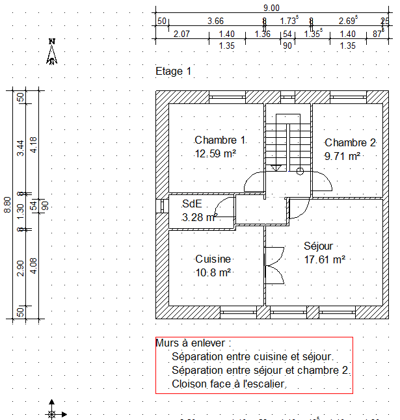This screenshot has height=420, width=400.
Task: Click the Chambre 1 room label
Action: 220,140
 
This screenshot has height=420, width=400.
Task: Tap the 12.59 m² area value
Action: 215,154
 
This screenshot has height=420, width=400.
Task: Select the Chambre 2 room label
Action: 351,143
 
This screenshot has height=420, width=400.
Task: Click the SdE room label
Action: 191,204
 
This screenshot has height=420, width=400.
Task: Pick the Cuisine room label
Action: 213,259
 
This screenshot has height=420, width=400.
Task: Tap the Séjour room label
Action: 319,246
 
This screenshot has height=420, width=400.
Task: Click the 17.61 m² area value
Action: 325,259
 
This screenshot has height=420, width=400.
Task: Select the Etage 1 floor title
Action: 174,71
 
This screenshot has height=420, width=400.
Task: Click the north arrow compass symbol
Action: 53,52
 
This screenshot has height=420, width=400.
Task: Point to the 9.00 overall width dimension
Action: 271,8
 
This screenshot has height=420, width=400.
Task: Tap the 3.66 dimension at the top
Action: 215,21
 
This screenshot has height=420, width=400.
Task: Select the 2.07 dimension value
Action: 181,34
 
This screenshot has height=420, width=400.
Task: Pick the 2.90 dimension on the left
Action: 21,268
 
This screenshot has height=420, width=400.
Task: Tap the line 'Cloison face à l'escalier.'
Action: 230,384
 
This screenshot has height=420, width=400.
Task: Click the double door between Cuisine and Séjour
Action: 274,263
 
